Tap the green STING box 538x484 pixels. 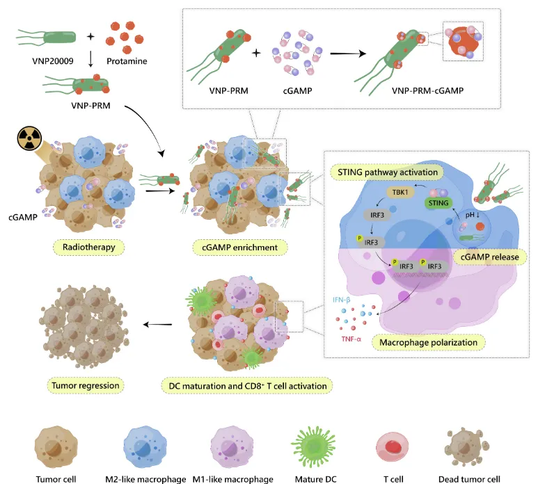[437, 202]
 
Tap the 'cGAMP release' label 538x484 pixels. [488, 257]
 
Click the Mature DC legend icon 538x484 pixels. [311, 445]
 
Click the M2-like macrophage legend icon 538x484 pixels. [148, 446]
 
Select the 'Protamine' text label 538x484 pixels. [127, 62]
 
